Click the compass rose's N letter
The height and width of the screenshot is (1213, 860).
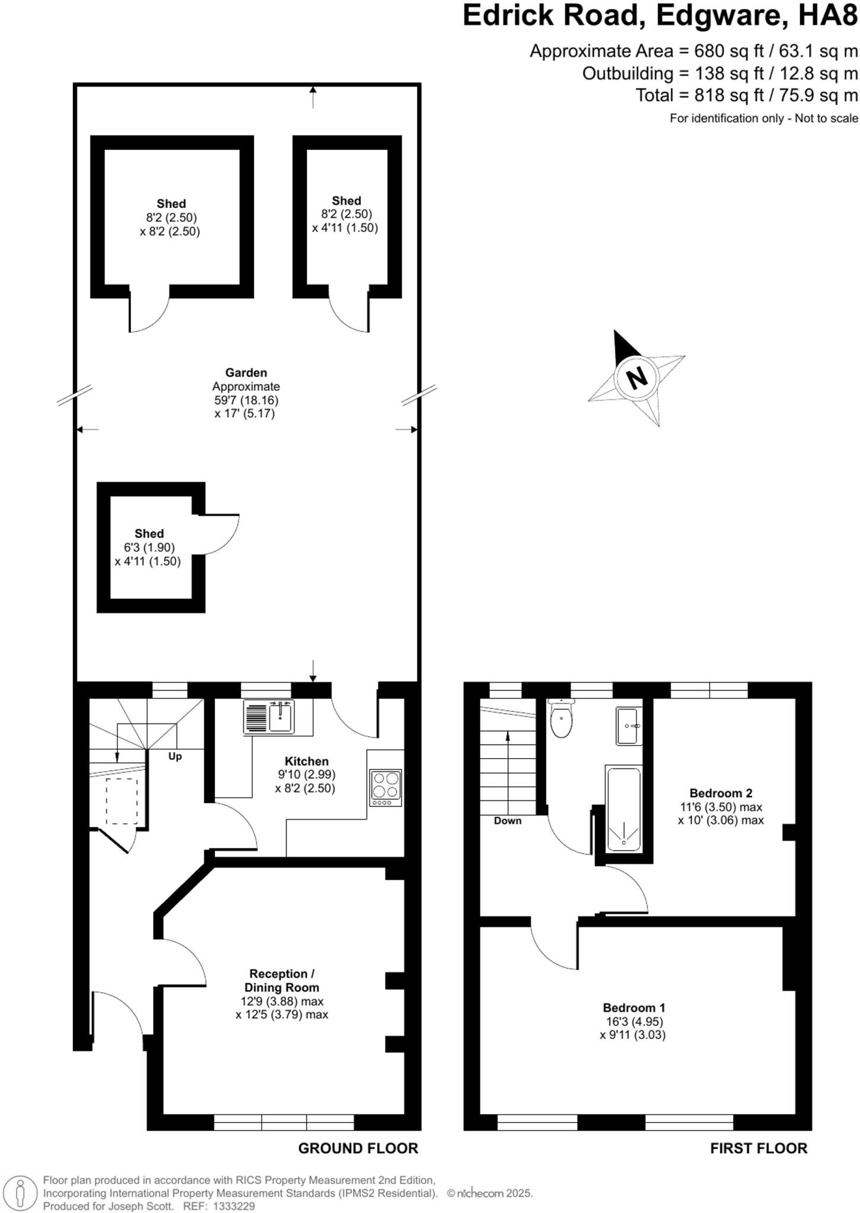[x=637, y=377]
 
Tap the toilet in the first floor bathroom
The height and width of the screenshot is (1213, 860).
[x=561, y=719]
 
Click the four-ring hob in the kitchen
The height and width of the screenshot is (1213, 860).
[x=386, y=787]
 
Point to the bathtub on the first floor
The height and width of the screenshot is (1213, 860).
[x=623, y=810]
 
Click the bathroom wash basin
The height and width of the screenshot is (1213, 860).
[x=628, y=726]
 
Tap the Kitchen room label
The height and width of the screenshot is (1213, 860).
[x=306, y=761]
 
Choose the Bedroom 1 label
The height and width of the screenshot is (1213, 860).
[x=634, y=1007]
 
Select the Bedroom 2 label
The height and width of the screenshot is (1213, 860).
[x=720, y=793]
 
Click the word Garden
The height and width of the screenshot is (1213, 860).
[x=246, y=373]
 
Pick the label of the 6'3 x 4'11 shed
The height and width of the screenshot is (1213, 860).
[x=149, y=534]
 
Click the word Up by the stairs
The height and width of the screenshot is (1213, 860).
[x=175, y=756]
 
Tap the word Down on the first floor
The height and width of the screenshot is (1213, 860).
[x=508, y=820]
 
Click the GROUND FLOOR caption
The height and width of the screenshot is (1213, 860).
[x=358, y=1148]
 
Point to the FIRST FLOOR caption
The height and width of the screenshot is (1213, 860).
[x=758, y=1148]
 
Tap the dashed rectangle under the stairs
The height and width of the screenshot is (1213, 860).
[x=121, y=801]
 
